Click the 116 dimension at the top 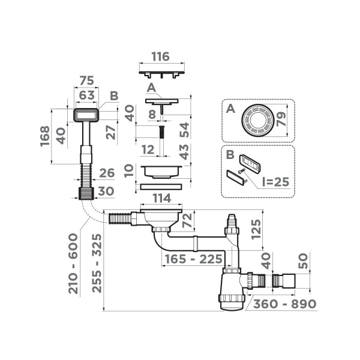coord(160,57)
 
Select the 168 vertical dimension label coord(46,136)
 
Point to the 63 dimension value coord(88,95)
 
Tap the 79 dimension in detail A coord(284,120)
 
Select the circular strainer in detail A coord(255,120)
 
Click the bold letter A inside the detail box coord(230,109)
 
